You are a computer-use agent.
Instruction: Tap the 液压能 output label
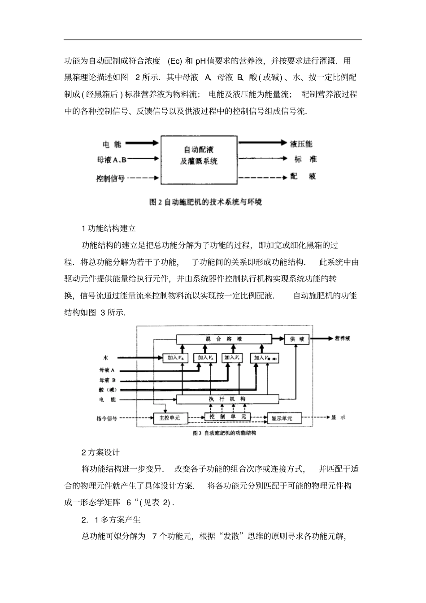(x=301, y=144)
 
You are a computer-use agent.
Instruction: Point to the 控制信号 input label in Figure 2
(x=110, y=178)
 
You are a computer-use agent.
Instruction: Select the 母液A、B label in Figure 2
(x=112, y=159)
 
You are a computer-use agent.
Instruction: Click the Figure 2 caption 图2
(x=205, y=202)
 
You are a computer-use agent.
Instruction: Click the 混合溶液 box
(x=224, y=339)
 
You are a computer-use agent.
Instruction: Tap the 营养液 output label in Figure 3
(x=342, y=339)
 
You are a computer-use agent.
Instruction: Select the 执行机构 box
(x=227, y=399)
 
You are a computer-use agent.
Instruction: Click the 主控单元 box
(x=170, y=418)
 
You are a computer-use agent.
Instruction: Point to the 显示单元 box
(x=282, y=418)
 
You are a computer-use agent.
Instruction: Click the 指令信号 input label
(x=107, y=418)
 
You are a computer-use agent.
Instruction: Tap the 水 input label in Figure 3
(x=106, y=358)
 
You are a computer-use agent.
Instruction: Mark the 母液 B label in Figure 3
(x=108, y=380)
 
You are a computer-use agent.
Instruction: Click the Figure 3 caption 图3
(x=224, y=434)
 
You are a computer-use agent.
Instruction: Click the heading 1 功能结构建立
(x=109, y=228)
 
